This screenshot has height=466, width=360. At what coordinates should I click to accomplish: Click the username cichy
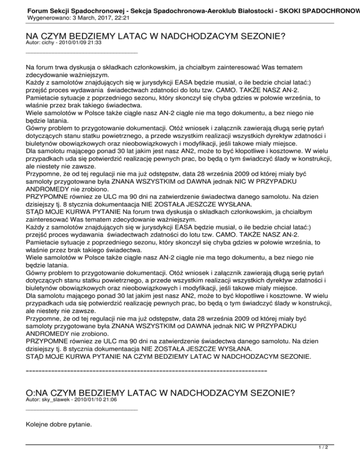tap(47, 42)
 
